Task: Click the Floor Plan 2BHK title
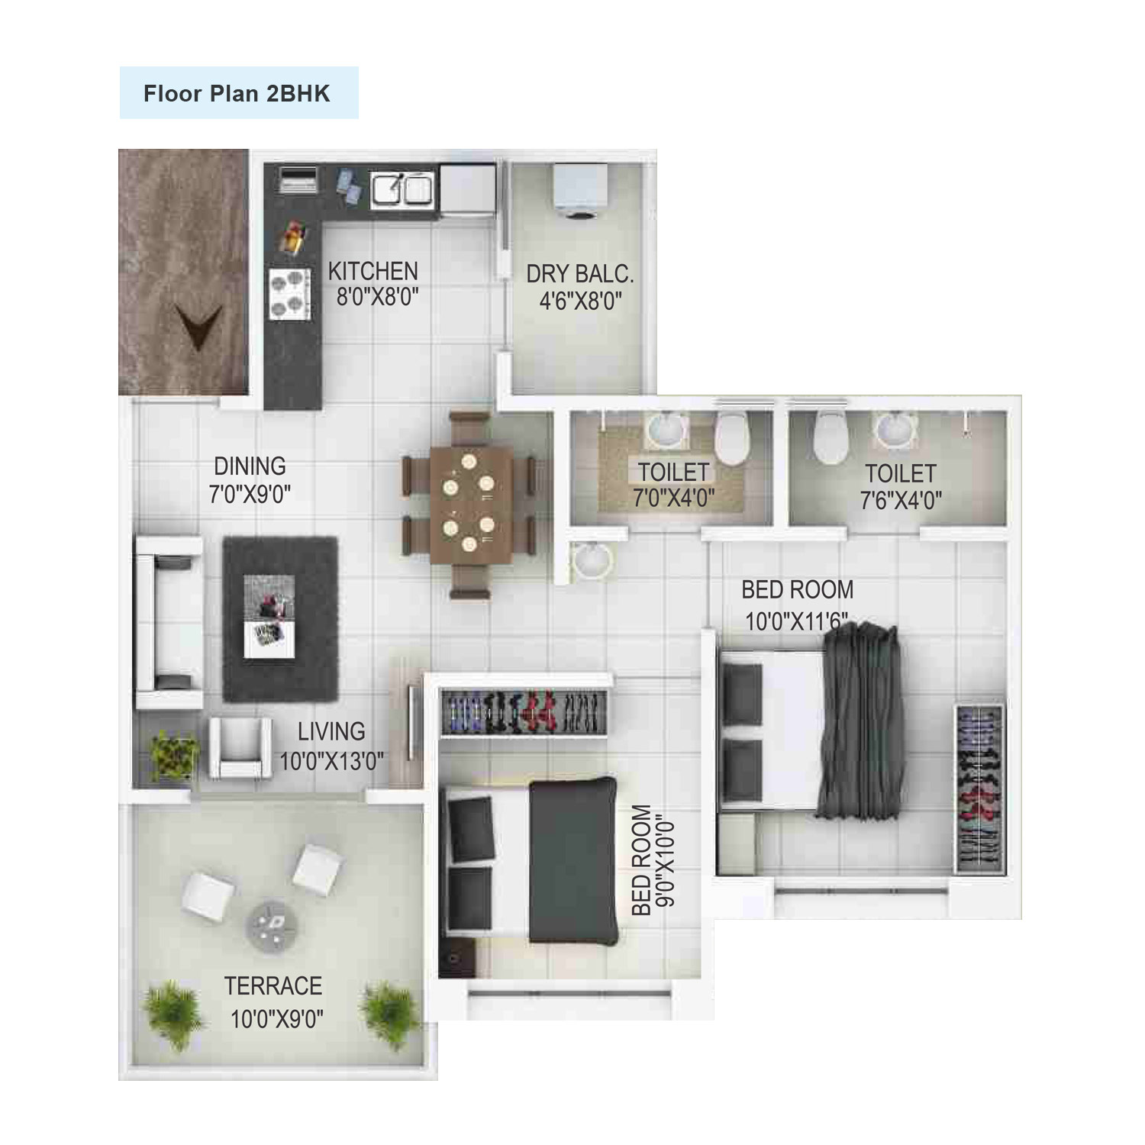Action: pos(237,93)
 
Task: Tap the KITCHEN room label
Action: pos(373,271)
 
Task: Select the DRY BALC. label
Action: pos(580,274)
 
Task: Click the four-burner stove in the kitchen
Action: pos(290,294)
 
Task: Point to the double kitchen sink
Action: pos(402,189)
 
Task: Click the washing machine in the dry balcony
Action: pos(580,191)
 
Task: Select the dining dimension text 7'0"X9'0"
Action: pos(250,494)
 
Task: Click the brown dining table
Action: pos(470,505)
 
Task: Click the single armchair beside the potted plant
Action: pos(240,747)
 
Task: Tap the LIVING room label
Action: pos(331,731)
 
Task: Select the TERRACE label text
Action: pos(273,985)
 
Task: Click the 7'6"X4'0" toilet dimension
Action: pos(901,501)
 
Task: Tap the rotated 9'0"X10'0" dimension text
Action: pos(665,861)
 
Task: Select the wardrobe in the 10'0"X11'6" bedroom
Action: pos(978,788)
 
